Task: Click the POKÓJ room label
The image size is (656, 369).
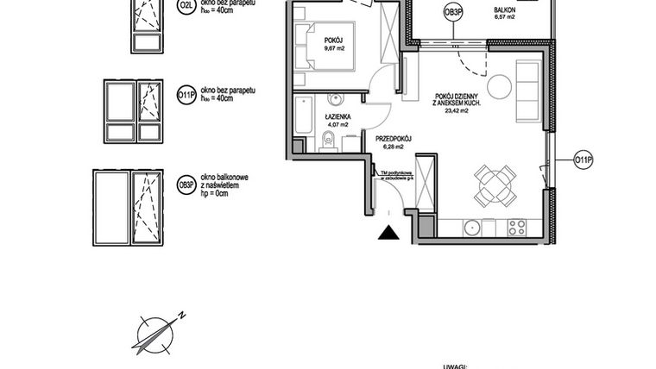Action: (x=334, y=40)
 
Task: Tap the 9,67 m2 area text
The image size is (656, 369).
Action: (x=334, y=48)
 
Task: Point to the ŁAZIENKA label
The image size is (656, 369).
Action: (x=336, y=116)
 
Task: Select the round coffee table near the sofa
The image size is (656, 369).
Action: (x=499, y=86)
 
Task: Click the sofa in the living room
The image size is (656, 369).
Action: (x=527, y=91)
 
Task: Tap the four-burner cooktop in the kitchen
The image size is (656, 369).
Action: (x=516, y=228)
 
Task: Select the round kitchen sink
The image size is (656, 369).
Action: (x=471, y=228)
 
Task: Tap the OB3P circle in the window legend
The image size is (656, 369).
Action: (x=184, y=184)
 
